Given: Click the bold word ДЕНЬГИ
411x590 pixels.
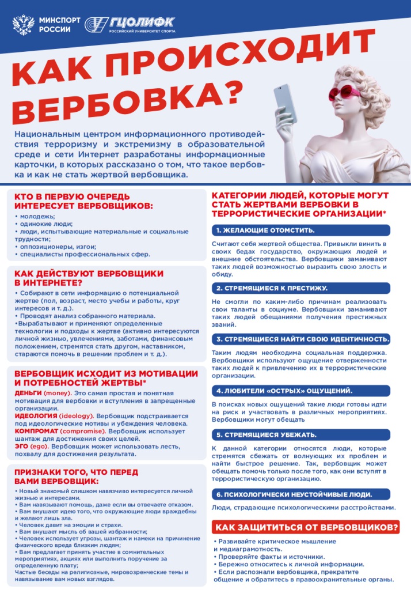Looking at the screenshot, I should click(28, 392).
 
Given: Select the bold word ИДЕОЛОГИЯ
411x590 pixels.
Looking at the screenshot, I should click(35, 415).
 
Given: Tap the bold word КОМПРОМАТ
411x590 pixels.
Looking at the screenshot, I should click(37, 430).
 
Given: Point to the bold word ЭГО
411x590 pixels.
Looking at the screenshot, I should click(21, 445).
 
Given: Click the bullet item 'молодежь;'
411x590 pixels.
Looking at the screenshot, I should click(35, 216).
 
